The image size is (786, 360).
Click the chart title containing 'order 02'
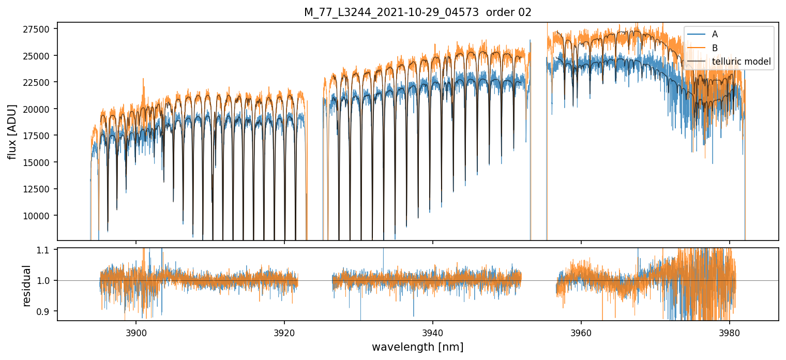pyautogui.click(x=417, y=12)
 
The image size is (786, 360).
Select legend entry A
pyautogui.click(x=715, y=34)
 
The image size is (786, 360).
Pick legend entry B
pyautogui.click(x=715, y=48)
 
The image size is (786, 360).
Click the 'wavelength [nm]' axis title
pyautogui.click(x=417, y=347)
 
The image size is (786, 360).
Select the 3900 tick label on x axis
pyautogui.click(x=136, y=332)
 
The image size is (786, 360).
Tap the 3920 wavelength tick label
pyautogui.click(x=284, y=332)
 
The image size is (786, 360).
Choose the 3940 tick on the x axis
pyautogui.click(x=433, y=332)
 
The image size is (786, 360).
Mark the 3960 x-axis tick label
pyautogui.click(x=581, y=332)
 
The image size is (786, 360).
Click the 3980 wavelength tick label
pyautogui.click(x=730, y=332)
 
